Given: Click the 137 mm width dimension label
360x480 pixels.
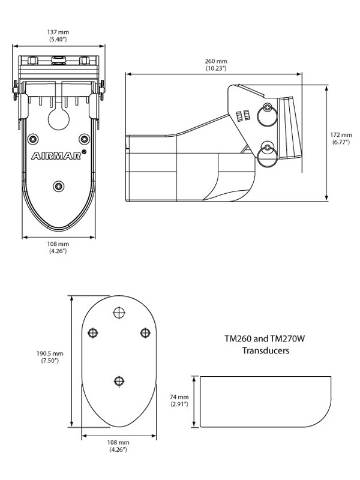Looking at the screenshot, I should coord(58,35).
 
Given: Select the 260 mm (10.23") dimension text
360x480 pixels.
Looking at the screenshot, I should coord(216,65).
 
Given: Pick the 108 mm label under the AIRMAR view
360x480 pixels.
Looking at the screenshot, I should coord(58,248).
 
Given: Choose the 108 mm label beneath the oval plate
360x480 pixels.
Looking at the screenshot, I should coord(118,446).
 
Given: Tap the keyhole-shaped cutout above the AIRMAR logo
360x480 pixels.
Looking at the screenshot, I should coord(58,117).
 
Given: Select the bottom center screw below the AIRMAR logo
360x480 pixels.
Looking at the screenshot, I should coord(58,187).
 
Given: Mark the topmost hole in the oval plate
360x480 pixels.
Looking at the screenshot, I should coord(119,313).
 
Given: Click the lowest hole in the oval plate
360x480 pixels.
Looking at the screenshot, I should coord(119,381).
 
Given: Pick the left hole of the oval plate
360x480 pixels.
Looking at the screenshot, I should coord(93,334).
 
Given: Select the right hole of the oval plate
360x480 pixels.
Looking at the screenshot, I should coord(145,334).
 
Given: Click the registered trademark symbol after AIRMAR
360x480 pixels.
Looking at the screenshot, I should coord(83,152).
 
